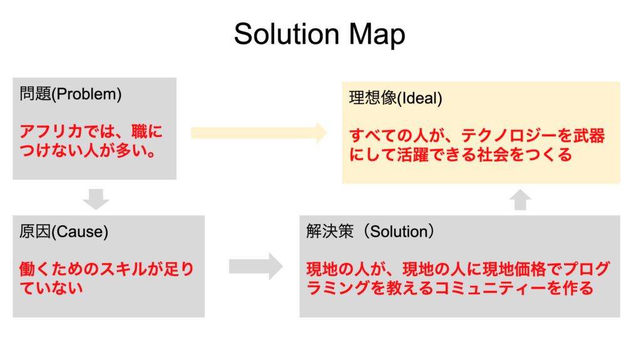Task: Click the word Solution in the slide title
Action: (287, 34)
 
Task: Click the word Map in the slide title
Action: (377, 36)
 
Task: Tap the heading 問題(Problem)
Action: (71, 94)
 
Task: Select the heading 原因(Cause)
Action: (64, 232)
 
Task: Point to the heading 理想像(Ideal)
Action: (396, 98)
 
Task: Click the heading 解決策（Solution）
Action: (370, 232)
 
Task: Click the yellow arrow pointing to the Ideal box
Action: (259, 133)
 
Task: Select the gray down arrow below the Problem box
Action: (96, 199)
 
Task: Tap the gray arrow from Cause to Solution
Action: (256, 267)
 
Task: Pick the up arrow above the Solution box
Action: (520, 200)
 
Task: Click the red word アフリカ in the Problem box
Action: (51, 131)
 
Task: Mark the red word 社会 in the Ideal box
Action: (493, 155)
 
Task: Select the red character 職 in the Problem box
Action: (140, 131)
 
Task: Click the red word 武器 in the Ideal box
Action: (588, 136)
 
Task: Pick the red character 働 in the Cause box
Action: (28, 269)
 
